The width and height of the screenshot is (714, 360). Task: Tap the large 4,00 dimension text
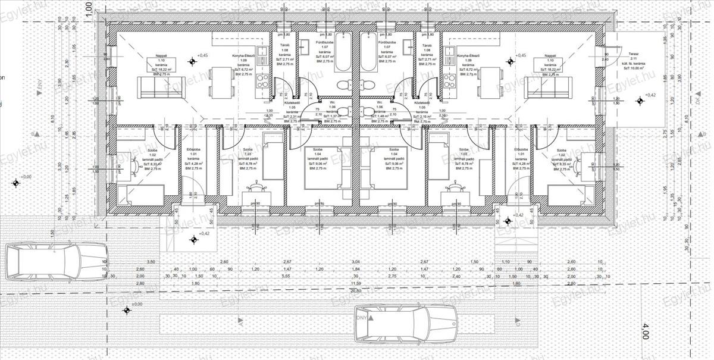(645, 333)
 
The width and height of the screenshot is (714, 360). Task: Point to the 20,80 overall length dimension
(356, 290)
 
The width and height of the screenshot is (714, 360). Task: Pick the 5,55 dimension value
(286, 276)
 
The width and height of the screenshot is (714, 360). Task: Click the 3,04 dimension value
(356, 262)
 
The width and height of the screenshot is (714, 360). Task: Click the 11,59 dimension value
(356, 283)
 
